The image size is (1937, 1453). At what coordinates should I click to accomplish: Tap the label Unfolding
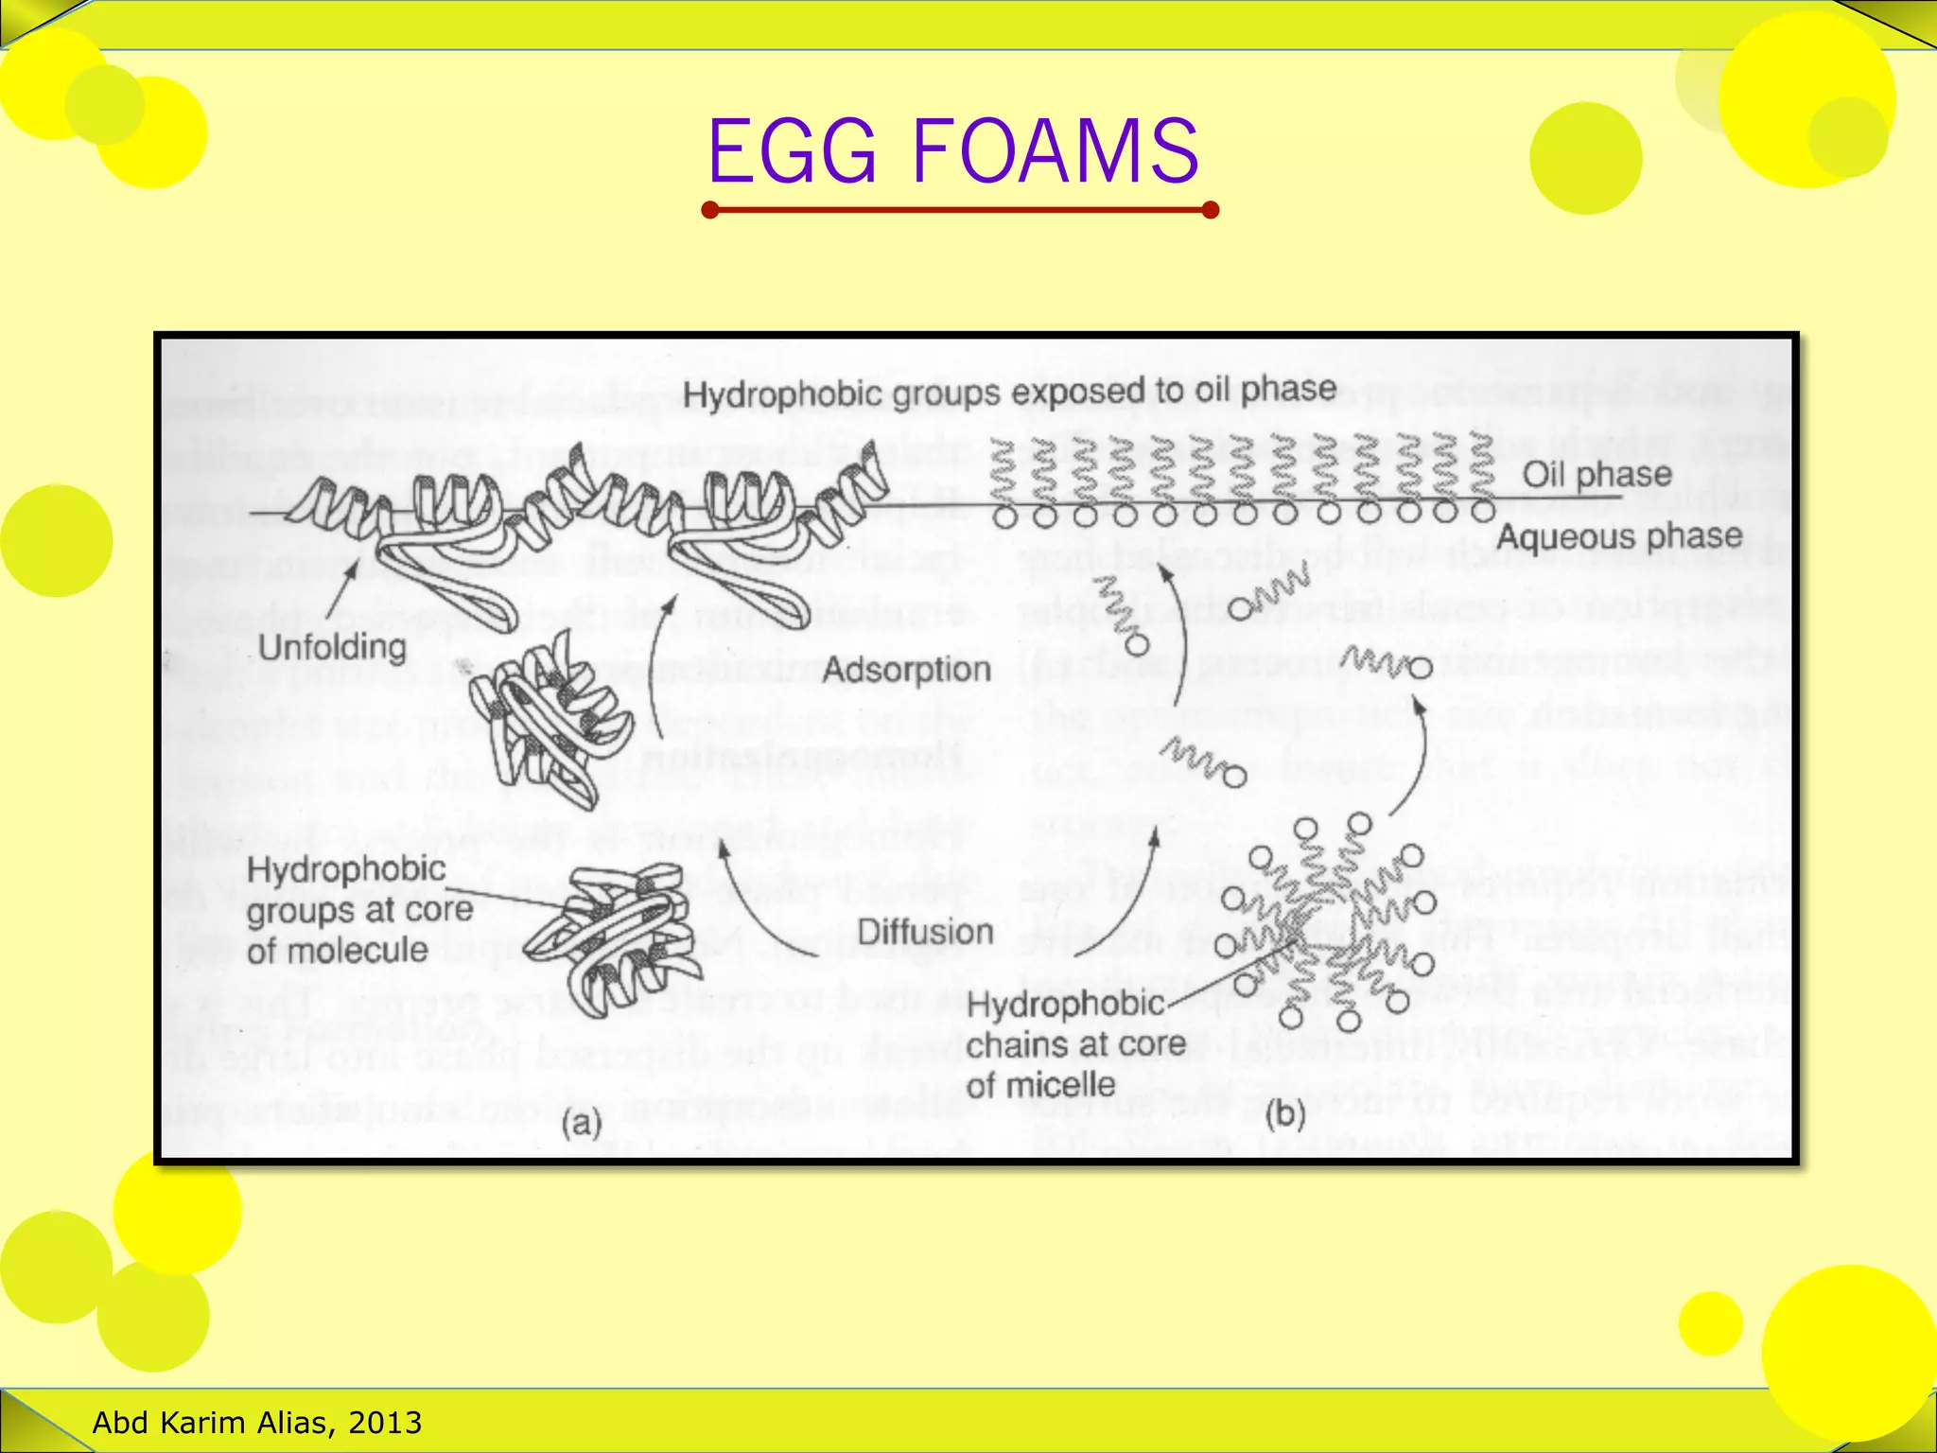[x=332, y=648]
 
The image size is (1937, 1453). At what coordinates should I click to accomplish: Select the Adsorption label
[x=906, y=670]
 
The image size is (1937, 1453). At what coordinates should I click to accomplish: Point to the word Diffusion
[x=925, y=932]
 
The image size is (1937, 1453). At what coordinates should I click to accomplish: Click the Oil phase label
[x=1597, y=474]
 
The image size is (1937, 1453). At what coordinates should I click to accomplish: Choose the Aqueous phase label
[x=1619, y=536]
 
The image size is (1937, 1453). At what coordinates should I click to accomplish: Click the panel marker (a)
[x=582, y=1124]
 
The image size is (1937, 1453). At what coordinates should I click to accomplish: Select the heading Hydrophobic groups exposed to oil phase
[x=1009, y=392]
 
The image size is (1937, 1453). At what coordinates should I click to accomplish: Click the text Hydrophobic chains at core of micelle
[x=1074, y=1044]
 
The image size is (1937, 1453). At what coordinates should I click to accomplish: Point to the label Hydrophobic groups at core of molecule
[x=358, y=909]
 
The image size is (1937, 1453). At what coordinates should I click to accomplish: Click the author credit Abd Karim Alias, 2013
[x=257, y=1422]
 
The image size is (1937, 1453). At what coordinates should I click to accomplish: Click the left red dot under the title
[x=711, y=210]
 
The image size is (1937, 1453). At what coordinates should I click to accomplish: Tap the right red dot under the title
[x=1210, y=210]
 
